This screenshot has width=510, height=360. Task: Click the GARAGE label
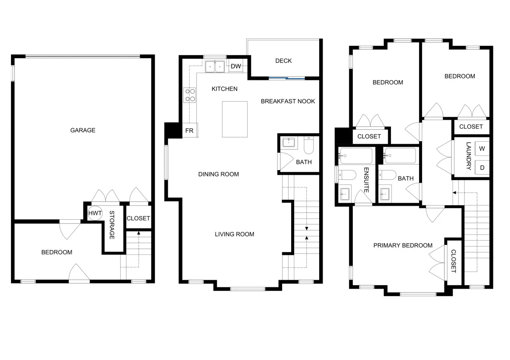tap(82, 130)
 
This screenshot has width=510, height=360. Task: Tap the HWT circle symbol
tap(95, 213)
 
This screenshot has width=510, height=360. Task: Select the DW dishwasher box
tap(235, 66)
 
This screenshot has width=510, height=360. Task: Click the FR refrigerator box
tap(190, 130)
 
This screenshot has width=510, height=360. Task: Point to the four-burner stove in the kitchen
tap(190, 95)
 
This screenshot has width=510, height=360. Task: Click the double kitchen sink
tap(215, 66)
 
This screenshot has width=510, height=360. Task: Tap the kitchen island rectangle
tap(235, 119)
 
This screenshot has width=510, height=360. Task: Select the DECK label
tap(283, 61)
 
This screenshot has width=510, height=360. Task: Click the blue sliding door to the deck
tap(286, 78)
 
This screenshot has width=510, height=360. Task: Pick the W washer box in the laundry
tap(482, 149)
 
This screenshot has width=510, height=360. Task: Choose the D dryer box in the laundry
tap(482, 167)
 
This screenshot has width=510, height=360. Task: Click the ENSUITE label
tap(366, 180)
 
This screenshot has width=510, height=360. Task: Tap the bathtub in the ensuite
tap(356, 156)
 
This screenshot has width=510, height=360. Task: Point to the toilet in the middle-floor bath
tap(309, 145)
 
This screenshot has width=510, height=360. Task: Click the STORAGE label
tap(112, 225)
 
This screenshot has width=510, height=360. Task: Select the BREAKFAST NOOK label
tap(288, 101)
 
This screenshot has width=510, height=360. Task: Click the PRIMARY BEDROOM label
tap(403, 246)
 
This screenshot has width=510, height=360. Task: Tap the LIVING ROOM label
tap(235, 234)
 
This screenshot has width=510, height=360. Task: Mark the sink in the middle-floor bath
tap(289, 143)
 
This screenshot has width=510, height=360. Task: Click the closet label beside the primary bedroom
tap(453, 261)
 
